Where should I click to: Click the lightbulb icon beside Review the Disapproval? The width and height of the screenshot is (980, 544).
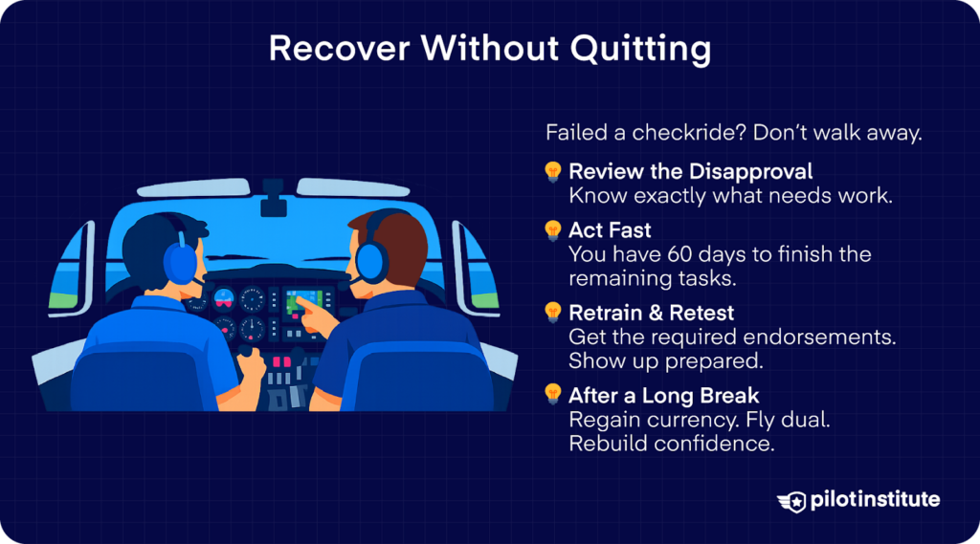(553, 172)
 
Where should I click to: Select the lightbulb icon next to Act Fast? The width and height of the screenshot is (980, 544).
(553, 230)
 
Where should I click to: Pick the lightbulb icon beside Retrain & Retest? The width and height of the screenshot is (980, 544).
(553, 312)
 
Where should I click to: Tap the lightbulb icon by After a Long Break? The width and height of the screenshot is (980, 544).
(553, 394)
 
